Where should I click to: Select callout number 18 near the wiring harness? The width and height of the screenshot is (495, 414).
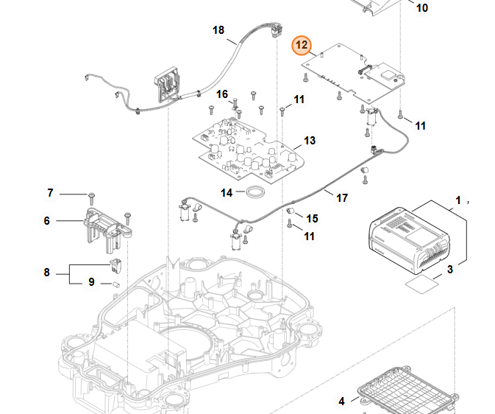[218, 30]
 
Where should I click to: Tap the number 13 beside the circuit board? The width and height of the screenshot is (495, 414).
[310, 140]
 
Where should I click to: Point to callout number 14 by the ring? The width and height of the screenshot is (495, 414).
[227, 192]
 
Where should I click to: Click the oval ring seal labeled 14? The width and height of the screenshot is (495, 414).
[255, 192]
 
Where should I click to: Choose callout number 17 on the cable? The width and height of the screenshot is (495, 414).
[342, 197]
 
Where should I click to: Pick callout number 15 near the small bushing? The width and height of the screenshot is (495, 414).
[313, 218]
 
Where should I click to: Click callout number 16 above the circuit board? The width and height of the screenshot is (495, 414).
[222, 94]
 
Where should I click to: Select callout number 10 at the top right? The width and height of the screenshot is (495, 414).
[421, 8]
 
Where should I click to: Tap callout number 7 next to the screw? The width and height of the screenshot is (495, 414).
[50, 193]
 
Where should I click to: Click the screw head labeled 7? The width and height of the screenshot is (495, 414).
[92, 195]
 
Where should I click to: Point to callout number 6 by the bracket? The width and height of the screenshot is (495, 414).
[46, 220]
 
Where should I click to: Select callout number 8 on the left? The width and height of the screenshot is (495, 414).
[46, 273]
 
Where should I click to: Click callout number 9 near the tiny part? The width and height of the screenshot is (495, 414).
[92, 281]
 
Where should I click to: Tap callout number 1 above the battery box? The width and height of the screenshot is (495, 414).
[458, 200]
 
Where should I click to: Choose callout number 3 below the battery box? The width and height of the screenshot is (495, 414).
[451, 270]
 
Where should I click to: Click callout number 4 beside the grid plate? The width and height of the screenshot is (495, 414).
[341, 401]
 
